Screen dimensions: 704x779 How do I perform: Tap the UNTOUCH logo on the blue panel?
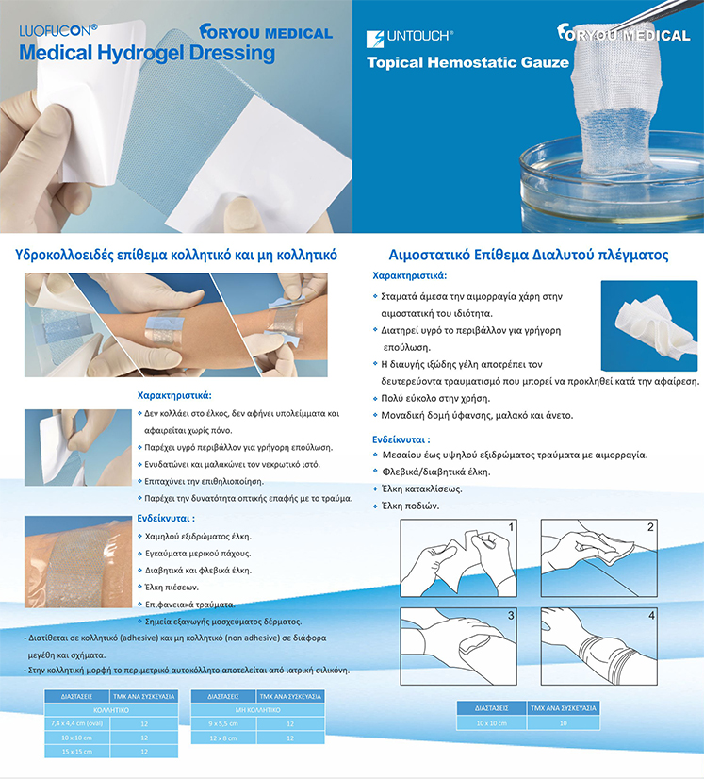click(x=410, y=38)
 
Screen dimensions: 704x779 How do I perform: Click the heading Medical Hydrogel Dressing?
click(x=147, y=54)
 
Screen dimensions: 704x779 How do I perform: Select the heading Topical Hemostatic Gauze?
click(x=467, y=62)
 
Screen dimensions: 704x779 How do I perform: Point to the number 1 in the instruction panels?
click(x=511, y=526)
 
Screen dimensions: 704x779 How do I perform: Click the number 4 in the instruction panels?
click(x=651, y=616)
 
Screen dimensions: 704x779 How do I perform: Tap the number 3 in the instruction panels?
click(x=511, y=616)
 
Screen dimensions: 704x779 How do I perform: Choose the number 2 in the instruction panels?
click(x=650, y=526)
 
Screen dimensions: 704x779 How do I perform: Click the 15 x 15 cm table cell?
click(x=77, y=751)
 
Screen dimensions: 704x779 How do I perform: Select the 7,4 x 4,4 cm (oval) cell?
click(x=77, y=723)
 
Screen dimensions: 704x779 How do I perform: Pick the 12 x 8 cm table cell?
click(x=223, y=738)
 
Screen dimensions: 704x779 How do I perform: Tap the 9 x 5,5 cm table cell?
click(x=223, y=724)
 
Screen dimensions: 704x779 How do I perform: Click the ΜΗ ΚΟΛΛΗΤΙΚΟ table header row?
click(x=257, y=710)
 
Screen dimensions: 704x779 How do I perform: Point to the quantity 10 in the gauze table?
click(x=563, y=723)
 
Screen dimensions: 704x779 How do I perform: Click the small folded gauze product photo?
click(x=649, y=325)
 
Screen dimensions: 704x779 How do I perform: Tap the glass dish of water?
click(x=611, y=185)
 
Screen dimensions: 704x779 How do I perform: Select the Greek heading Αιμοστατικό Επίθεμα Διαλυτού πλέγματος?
click(x=529, y=255)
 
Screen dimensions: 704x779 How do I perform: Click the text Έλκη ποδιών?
click(x=410, y=506)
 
